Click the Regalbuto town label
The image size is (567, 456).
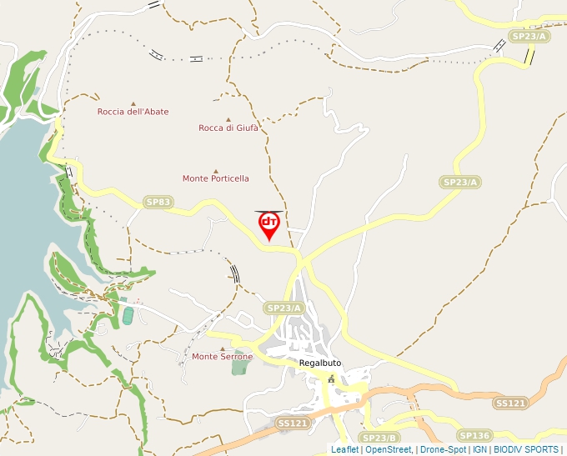pyautogui.click(x=320, y=363)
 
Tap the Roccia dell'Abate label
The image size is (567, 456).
pyautogui.click(x=133, y=112)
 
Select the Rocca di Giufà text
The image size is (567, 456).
pyautogui.click(x=228, y=128)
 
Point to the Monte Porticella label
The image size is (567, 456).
pyautogui.click(x=215, y=178)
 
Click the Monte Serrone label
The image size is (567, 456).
pyautogui.click(x=222, y=357)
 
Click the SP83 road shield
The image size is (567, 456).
pyautogui.click(x=158, y=202)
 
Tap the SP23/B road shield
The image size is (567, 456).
pyautogui.click(x=379, y=438)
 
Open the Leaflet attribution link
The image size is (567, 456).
pyautogui.click(x=344, y=449)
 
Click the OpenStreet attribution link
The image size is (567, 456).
pyautogui.click(x=388, y=449)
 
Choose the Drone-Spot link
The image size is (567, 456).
pyautogui.click(x=443, y=449)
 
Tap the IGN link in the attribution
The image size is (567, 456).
pyautogui.click(x=479, y=449)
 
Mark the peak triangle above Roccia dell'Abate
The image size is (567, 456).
pyautogui.click(x=133, y=103)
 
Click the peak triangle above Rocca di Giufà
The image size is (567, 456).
pyautogui.click(x=228, y=119)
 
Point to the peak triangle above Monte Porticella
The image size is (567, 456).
pyautogui.click(x=215, y=170)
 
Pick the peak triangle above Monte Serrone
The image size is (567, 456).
pyautogui.click(x=222, y=348)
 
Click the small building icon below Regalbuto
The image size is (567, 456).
pyautogui.click(x=331, y=379)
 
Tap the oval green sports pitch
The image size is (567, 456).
pyautogui.click(x=128, y=315)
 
